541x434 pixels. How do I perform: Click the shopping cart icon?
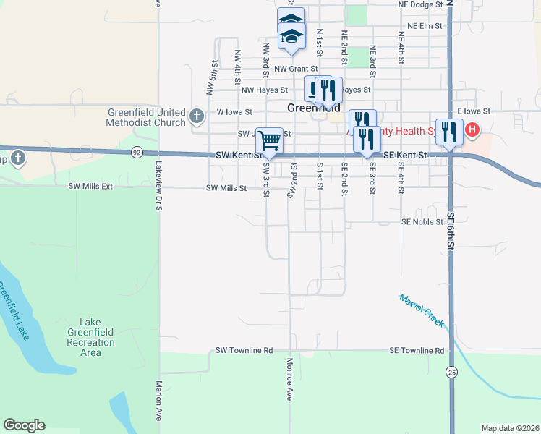pyautogui.click(x=269, y=139)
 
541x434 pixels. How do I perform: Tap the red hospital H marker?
pyautogui.click(x=472, y=130)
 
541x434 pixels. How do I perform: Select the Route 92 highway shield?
pyautogui.click(x=137, y=152)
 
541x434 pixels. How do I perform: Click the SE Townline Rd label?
pyautogui.click(x=416, y=351)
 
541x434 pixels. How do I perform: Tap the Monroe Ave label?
pyautogui.click(x=289, y=380)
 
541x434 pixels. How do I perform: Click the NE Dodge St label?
pyautogui.click(x=420, y=4)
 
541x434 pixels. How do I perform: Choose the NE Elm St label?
pyautogui.click(x=425, y=25)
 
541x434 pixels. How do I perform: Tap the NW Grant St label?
pyautogui.click(x=294, y=69)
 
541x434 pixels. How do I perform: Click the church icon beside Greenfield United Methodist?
pyautogui.click(x=196, y=115)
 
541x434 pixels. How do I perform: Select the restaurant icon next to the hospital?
pyautogui.click(x=449, y=130)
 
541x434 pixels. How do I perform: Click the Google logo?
pyautogui.click(x=24, y=425)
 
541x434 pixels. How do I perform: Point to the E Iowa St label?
pyautogui.click(x=474, y=111)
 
